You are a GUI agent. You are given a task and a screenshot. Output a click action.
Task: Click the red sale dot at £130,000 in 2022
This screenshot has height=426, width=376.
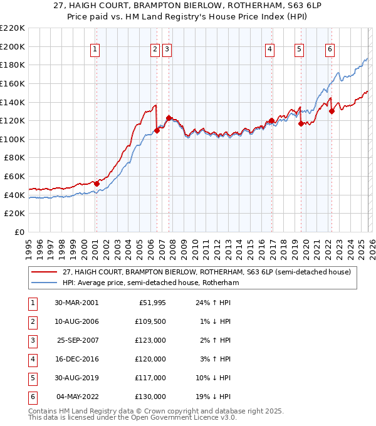pos(332,112)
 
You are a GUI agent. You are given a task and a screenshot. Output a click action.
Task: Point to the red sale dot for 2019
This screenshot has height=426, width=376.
pos(301,123)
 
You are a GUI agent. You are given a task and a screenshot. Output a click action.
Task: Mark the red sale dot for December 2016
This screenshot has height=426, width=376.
pos(271,121)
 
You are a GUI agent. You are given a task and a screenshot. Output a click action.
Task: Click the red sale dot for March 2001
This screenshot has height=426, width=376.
pos(97,184)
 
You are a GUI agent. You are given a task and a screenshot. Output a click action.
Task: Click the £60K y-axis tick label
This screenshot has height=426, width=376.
pos(14,177)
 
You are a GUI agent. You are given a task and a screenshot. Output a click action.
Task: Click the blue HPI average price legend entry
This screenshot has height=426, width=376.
pos(150,283)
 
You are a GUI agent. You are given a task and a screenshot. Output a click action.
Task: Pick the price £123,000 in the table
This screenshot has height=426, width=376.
pos(152,340)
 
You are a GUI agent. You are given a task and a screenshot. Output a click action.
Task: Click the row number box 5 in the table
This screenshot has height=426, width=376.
pos(32,378)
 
